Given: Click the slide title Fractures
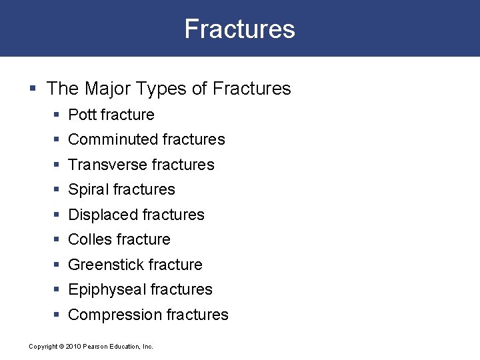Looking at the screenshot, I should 239,29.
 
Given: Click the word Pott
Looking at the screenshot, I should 83,115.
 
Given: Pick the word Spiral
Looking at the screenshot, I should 89,189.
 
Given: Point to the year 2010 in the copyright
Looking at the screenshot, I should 73,347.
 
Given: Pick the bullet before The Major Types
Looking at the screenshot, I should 33,89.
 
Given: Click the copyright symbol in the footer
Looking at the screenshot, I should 61,347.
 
